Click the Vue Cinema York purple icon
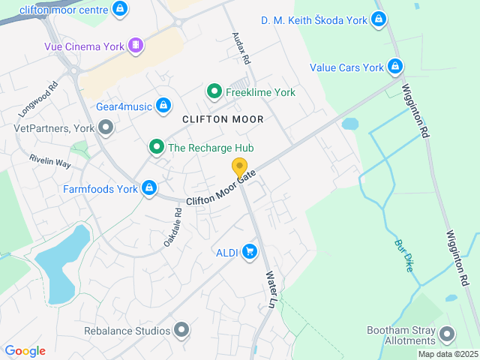[x=135, y=46]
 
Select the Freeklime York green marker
[x=214, y=92]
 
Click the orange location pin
[x=240, y=167]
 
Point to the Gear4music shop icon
[x=163, y=106]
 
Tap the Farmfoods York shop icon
[x=149, y=188]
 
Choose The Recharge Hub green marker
[x=156, y=147]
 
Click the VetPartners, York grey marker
[x=106, y=127]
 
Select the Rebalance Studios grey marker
[x=181, y=329]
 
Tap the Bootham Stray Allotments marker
[x=448, y=334]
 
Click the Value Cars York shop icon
[x=394, y=67]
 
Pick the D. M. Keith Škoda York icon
[x=379, y=19]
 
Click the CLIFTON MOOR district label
[x=223, y=119]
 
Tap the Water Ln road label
[x=270, y=289]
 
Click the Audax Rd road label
[x=241, y=46]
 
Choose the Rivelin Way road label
[x=50, y=161]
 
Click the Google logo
[x=25, y=350]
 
